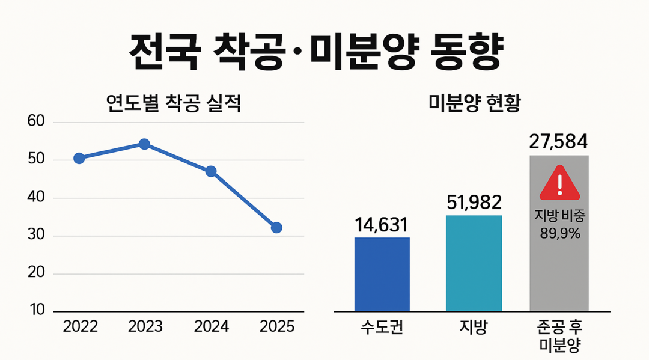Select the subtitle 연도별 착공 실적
click(173, 105)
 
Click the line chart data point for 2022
click(79, 158)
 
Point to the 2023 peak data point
click(144, 144)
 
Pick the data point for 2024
click(211, 171)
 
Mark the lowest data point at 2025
click(276, 228)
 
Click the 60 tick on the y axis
click(37, 122)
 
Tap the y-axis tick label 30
click(37, 236)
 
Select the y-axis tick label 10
click(37, 311)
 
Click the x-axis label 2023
click(145, 326)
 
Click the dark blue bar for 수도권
click(382, 274)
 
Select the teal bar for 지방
click(474, 263)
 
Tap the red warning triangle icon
click(559, 183)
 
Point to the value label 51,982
click(474, 203)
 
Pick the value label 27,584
click(558, 142)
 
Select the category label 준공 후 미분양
click(559, 336)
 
